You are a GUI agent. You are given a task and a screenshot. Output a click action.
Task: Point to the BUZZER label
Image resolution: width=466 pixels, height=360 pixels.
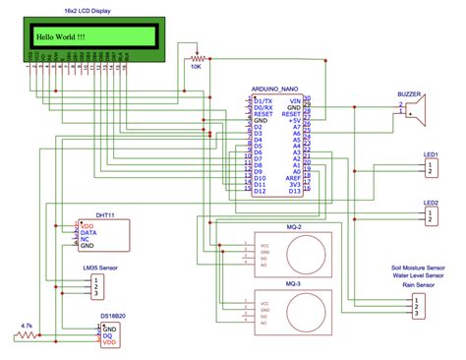tap(409, 92)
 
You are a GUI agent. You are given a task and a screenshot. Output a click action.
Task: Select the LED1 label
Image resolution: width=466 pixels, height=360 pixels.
tap(430, 154)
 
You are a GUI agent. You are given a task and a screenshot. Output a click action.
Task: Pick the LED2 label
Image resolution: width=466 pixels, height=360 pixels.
tap(430, 202)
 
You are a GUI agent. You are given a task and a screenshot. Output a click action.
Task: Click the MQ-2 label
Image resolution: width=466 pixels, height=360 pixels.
tap(292, 227)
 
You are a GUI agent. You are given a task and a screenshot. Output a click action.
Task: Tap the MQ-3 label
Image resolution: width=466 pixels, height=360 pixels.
tap(292, 283)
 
